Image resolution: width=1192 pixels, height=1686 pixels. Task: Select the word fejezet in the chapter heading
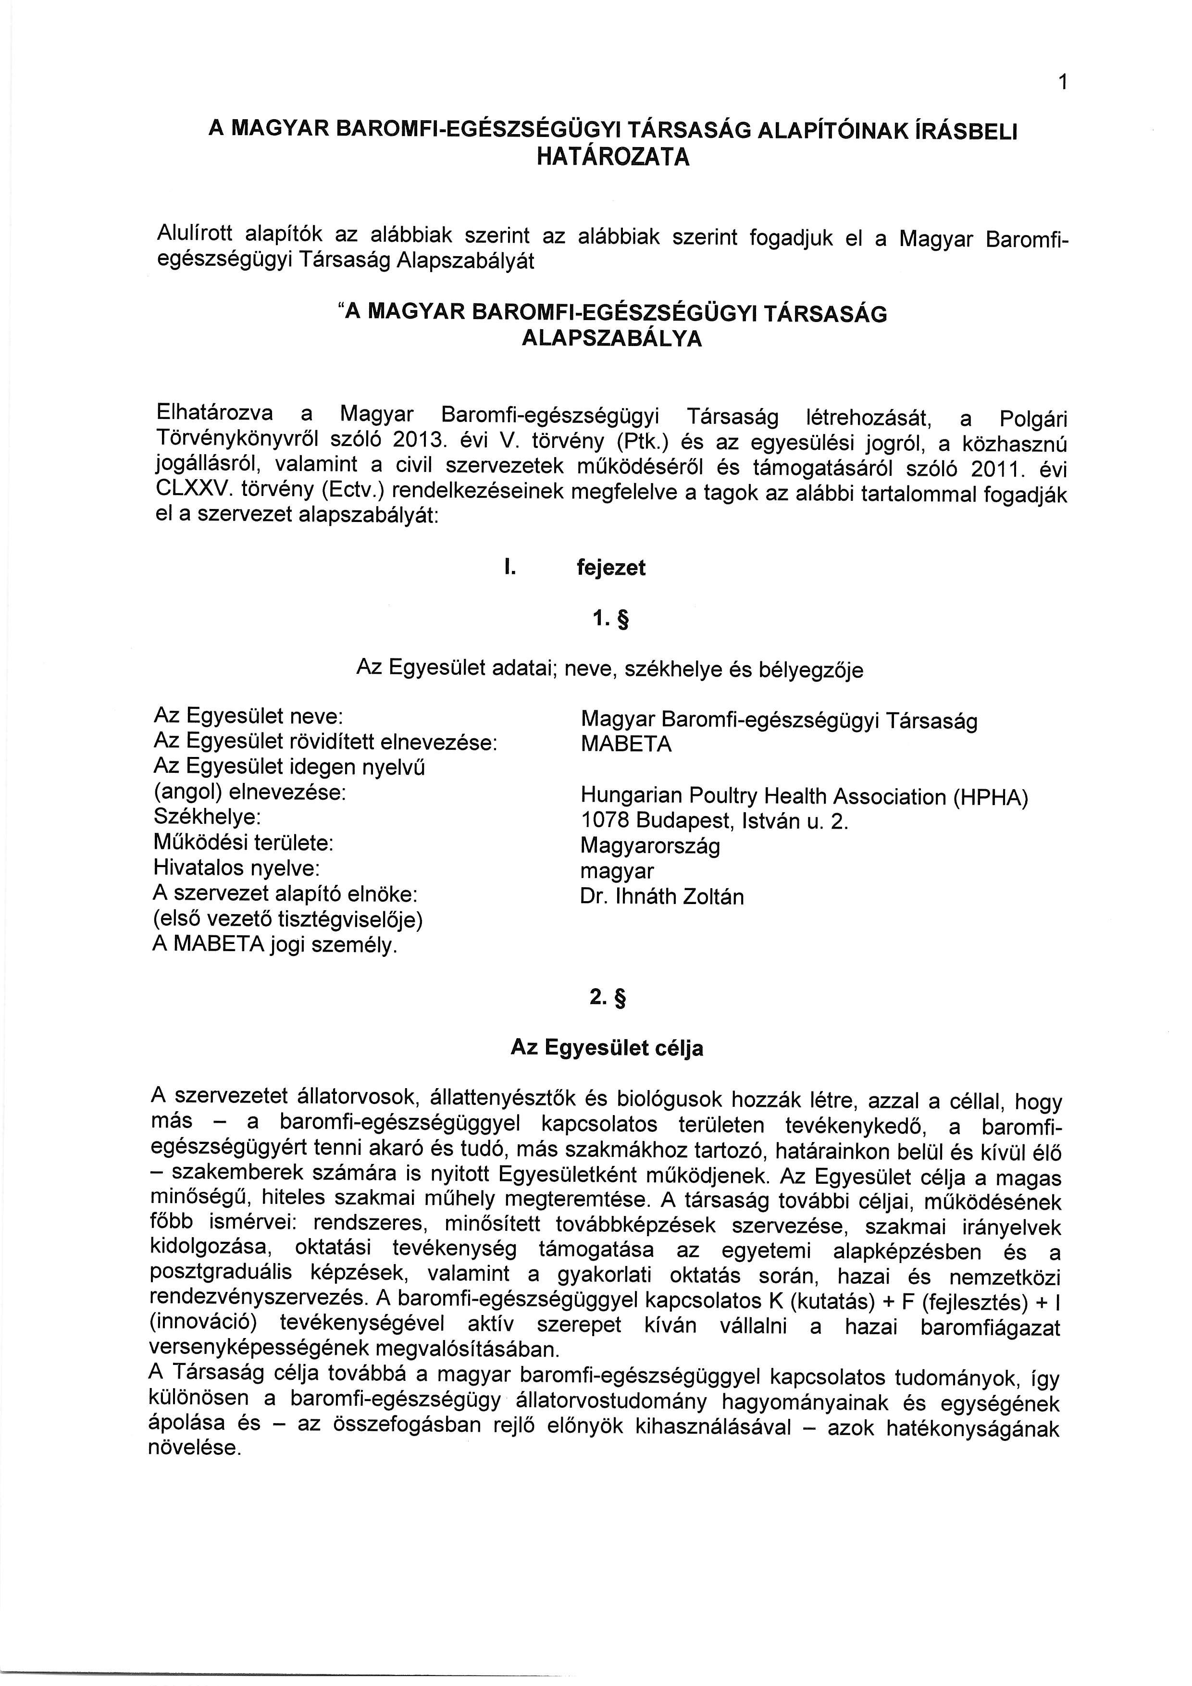click(611, 568)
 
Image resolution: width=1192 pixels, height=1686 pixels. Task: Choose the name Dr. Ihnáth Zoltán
click(662, 897)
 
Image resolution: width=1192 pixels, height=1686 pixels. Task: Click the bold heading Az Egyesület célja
click(607, 1048)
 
